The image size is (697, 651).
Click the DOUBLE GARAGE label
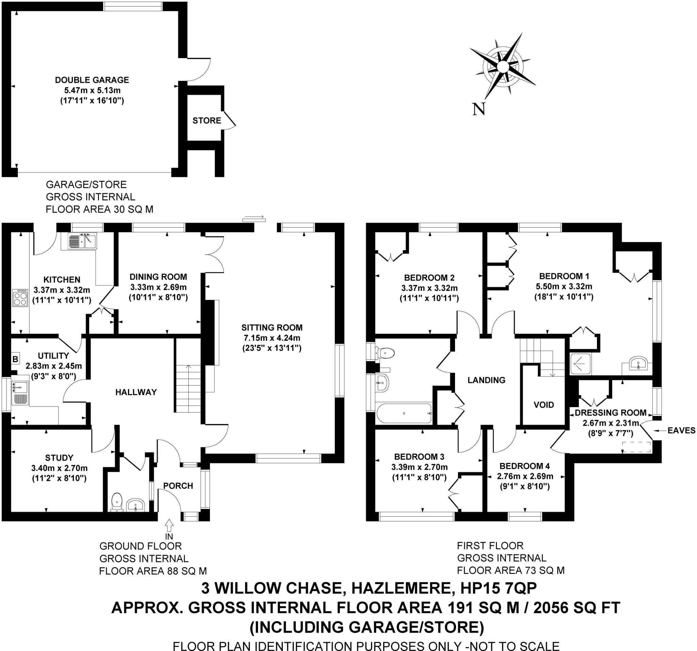(x=92, y=80)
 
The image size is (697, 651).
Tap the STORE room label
(x=207, y=120)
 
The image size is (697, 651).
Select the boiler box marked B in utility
(x=15, y=359)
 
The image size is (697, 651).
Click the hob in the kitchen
(x=20, y=298)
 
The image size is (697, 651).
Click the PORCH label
(x=178, y=486)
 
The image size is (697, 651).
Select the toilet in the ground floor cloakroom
(x=116, y=502)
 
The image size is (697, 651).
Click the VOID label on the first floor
(x=544, y=405)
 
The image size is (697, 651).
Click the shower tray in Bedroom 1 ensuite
(x=580, y=364)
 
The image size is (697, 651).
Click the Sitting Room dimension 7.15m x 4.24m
(x=272, y=338)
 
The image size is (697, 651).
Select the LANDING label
(x=486, y=380)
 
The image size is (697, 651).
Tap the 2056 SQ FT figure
(x=577, y=607)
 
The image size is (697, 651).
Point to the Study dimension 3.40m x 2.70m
(x=59, y=468)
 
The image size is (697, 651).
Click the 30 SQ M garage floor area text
(x=133, y=210)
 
